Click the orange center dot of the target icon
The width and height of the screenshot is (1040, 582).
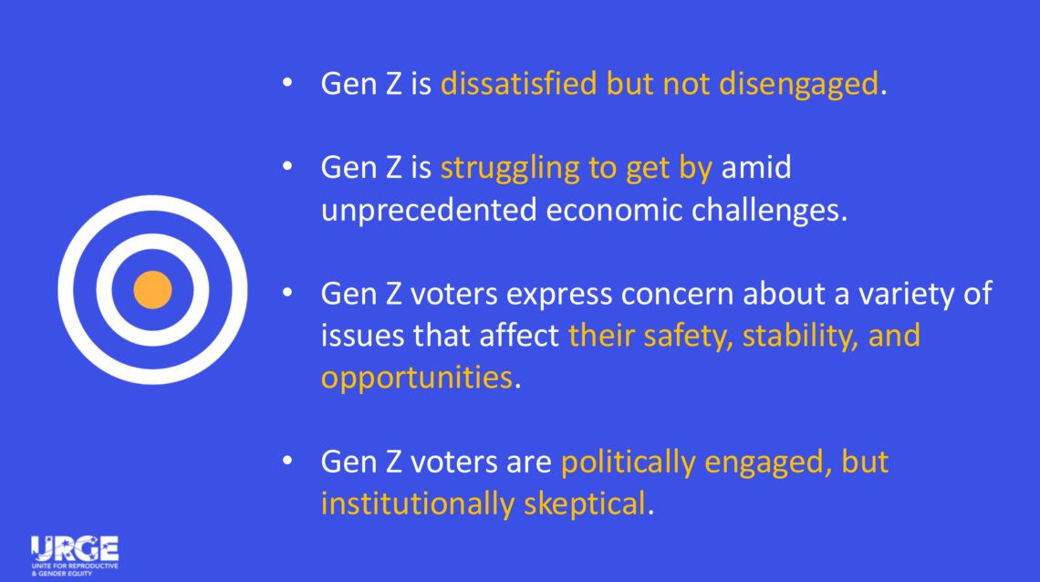pyautogui.click(x=152, y=290)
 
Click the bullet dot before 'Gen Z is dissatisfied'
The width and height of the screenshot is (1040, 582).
pyautogui.click(x=287, y=82)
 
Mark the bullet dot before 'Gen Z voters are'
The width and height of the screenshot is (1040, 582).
pyautogui.click(x=287, y=460)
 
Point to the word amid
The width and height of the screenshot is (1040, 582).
pyautogui.click(x=756, y=168)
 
